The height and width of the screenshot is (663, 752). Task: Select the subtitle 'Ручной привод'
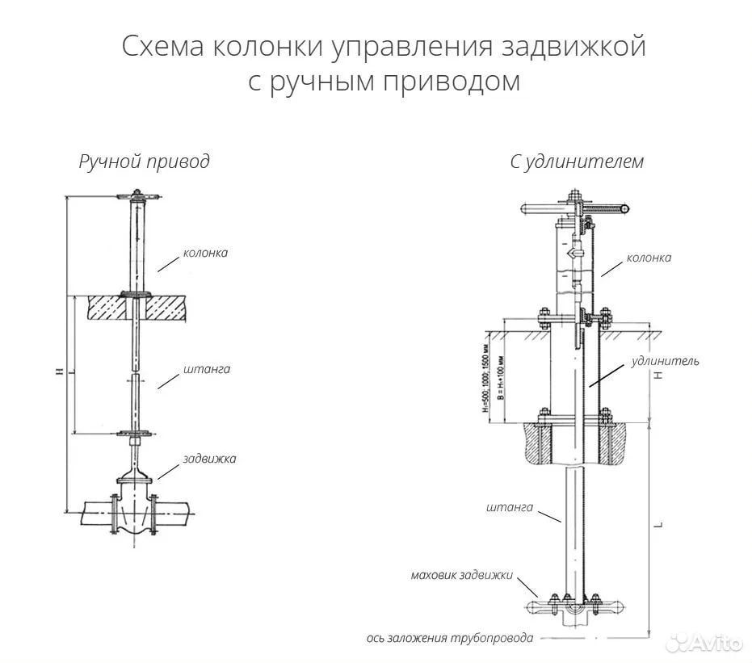click(144, 162)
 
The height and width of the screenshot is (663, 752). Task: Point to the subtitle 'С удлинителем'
click(577, 162)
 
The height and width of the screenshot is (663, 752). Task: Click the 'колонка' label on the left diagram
click(205, 253)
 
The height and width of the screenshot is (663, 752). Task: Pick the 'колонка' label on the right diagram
click(649, 258)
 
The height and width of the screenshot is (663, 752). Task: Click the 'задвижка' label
click(210, 459)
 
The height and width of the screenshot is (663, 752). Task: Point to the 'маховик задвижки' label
click(461, 575)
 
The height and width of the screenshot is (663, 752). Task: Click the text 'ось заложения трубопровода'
click(449, 638)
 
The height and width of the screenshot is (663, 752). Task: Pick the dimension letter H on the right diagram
click(659, 376)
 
